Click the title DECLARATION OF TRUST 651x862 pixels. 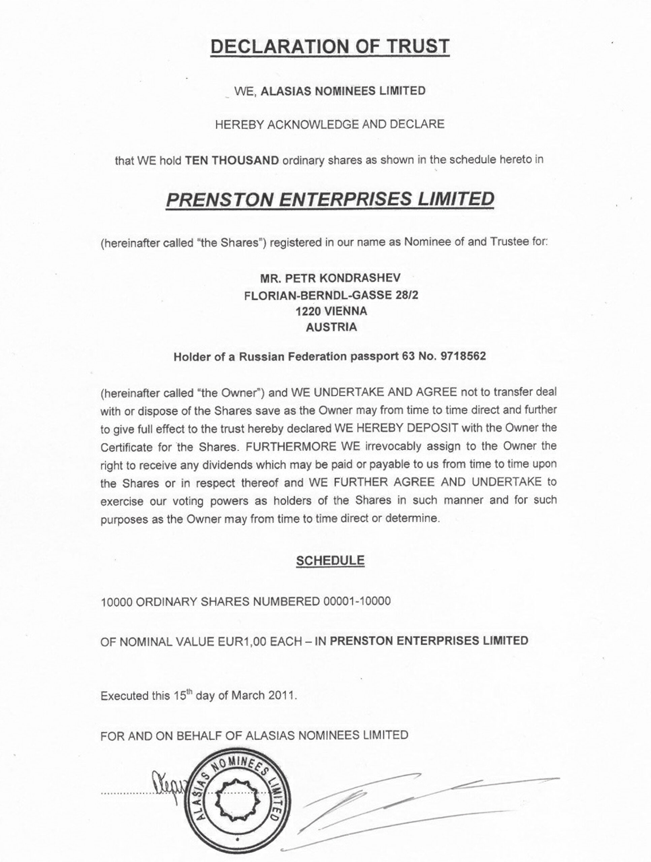click(x=330, y=46)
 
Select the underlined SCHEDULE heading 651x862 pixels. click(x=330, y=560)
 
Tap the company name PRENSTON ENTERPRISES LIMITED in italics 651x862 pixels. click(x=330, y=199)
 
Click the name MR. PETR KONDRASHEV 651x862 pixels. click(x=330, y=278)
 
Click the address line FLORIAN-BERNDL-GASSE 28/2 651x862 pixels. click(x=331, y=295)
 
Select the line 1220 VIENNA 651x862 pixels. click(x=331, y=311)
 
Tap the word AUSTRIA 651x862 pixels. click(x=331, y=327)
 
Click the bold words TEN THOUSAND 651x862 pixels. click(x=232, y=160)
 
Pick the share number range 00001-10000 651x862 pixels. click(x=357, y=601)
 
